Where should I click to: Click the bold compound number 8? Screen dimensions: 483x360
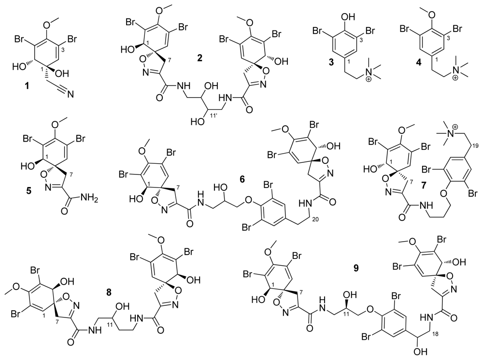[x=110, y=292]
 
